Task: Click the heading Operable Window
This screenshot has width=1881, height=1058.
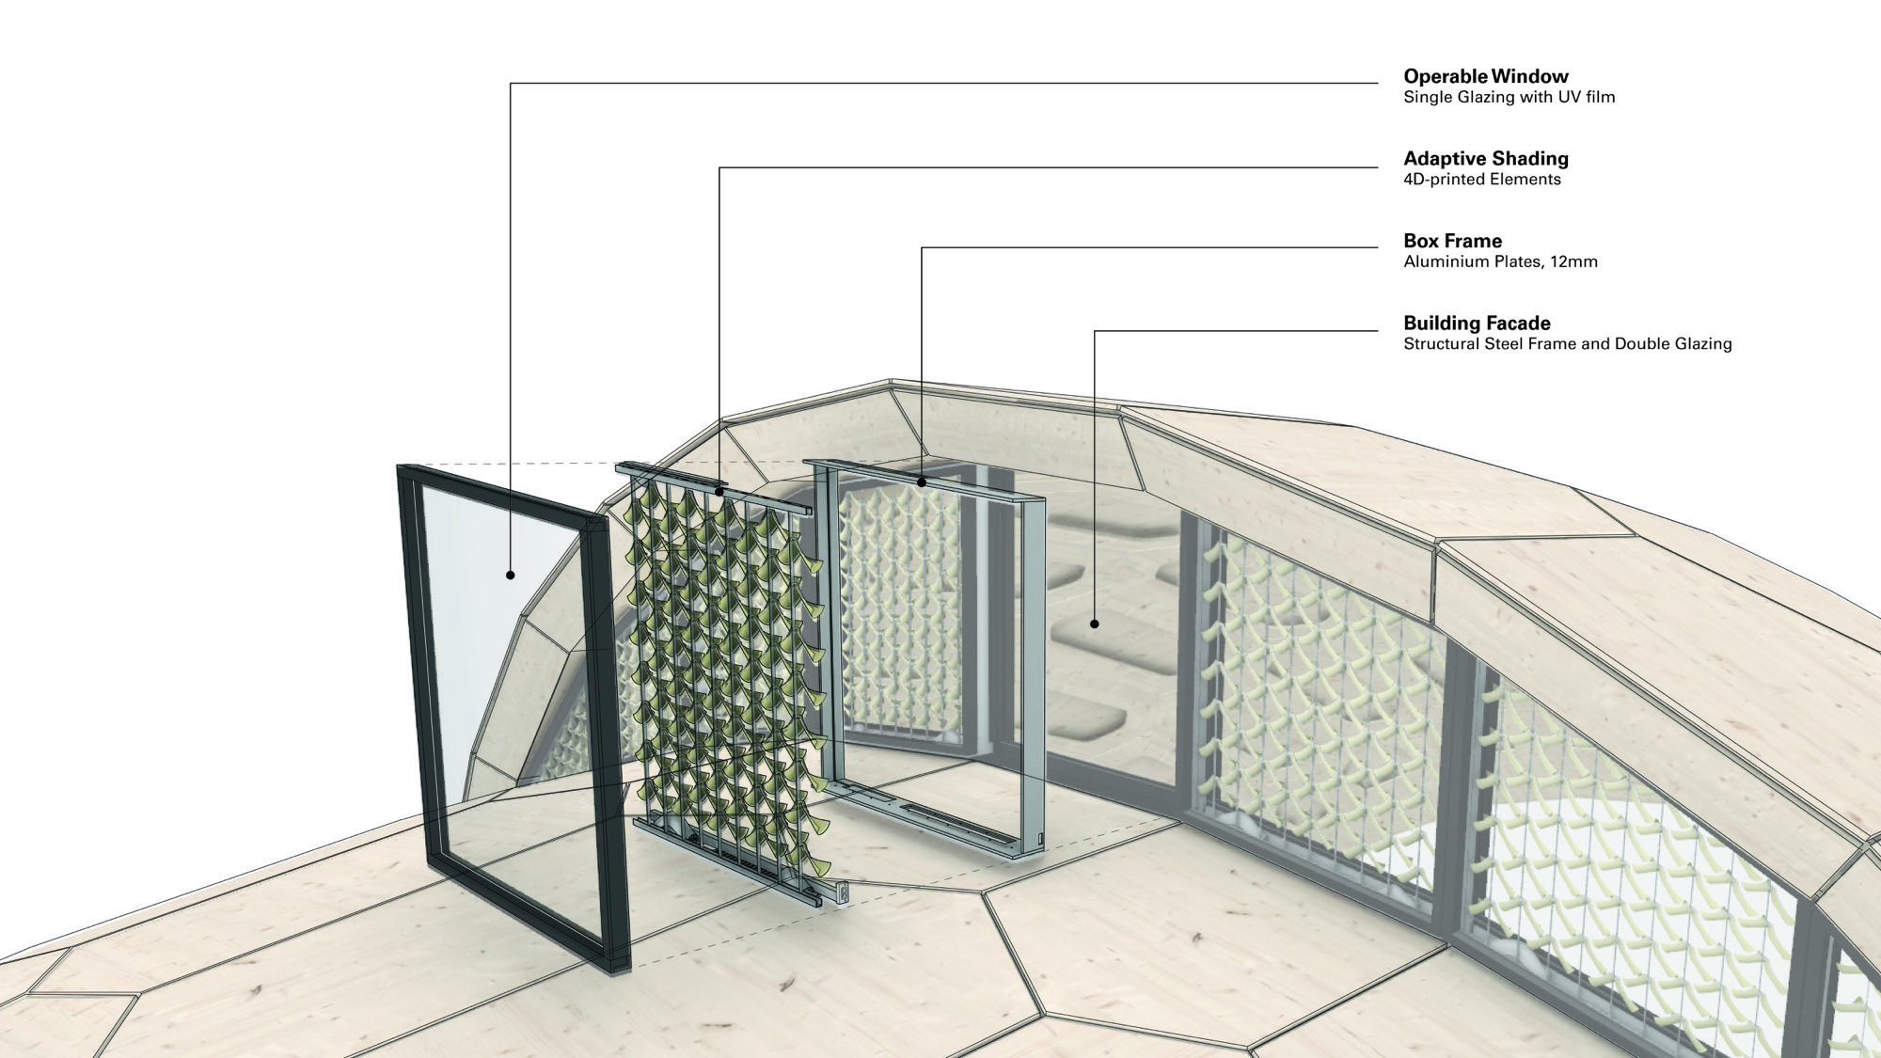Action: tap(1486, 76)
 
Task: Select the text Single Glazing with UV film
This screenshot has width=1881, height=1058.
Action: tap(1509, 97)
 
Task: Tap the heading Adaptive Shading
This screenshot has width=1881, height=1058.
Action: tap(1486, 159)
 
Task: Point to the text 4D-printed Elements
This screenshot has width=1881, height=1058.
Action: tap(1481, 180)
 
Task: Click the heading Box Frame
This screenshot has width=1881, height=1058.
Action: tap(1452, 241)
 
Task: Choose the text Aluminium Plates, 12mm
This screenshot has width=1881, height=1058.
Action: tap(1500, 261)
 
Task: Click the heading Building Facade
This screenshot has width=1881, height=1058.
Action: tap(1477, 324)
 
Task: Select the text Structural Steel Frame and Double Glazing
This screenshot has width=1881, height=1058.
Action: tap(1567, 344)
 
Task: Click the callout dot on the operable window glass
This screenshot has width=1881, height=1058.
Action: tap(511, 575)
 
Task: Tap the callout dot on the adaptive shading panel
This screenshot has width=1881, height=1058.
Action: tap(719, 490)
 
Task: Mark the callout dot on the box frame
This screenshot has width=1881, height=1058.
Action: tap(922, 482)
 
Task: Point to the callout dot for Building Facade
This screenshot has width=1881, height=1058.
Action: tap(1095, 624)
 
